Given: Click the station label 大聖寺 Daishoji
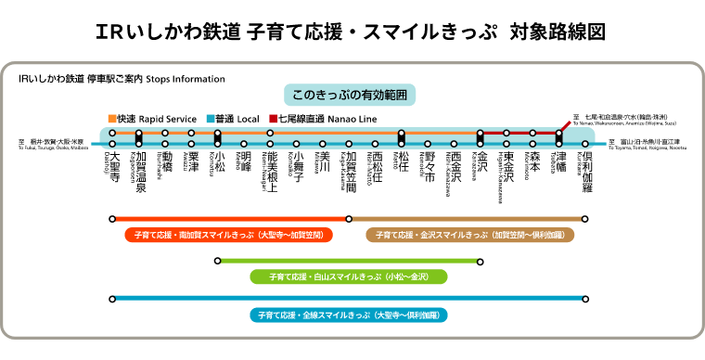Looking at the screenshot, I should click(x=112, y=167).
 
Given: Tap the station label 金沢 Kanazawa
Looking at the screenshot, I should click(x=481, y=162).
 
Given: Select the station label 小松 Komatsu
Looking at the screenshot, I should click(x=218, y=162).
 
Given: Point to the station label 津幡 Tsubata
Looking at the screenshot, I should click(x=558, y=162).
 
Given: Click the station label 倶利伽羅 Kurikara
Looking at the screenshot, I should click(x=585, y=172).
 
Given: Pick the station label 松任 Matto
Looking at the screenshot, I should click(x=402, y=162).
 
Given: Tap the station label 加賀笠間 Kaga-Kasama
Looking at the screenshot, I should click(x=349, y=172).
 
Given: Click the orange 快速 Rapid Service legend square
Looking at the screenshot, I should click(x=111, y=119).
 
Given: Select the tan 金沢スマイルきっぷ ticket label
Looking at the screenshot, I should click(x=470, y=236).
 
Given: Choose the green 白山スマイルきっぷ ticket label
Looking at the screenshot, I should click(x=349, y=276).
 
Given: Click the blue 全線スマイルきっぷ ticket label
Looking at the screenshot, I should click(x=350, y=315).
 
